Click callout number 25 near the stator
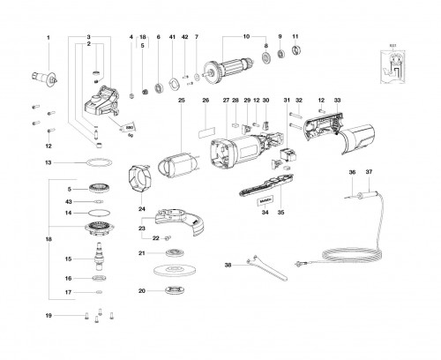click(x=180, y=101)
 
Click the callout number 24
click(x=142, y=208)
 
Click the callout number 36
click(x=351, y=172)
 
